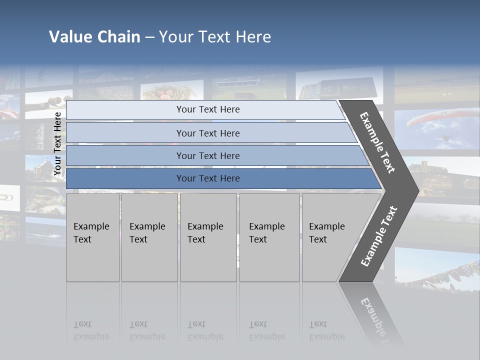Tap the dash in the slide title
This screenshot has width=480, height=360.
pos(149,37)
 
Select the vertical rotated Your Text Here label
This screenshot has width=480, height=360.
pos(57,144)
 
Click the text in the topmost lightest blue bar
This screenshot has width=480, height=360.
pos(208,109)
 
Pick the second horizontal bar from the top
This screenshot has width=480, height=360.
pos(208,133)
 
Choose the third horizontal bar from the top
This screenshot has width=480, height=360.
pos(208,155)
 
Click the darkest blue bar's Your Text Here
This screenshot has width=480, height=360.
pos(208,178)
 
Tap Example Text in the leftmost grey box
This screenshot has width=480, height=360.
pos(91,232)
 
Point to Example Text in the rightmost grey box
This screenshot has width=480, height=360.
pos(326,232)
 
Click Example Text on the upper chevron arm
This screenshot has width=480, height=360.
pos(377,142)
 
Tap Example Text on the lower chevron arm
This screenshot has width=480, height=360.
pos(379,236)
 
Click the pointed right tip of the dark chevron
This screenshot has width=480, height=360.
pos(417,190)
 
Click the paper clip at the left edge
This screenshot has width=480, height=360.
pos(7,196)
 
